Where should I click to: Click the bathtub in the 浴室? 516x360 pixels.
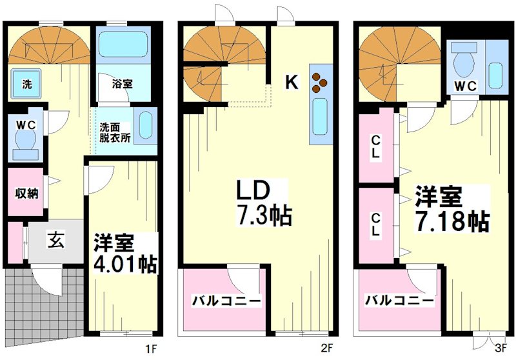(124, 47)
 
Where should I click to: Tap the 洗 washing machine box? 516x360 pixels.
(26, 84)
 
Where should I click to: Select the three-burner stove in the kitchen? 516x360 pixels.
(320, 81)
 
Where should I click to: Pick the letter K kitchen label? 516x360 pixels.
(292, 82)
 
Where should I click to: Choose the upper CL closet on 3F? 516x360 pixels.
(375, 146)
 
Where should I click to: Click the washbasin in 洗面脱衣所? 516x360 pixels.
(146, 124)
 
